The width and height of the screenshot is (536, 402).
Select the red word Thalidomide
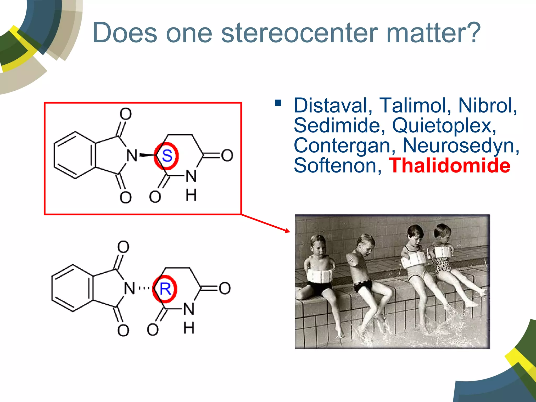449,166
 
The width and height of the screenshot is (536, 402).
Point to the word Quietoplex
444,126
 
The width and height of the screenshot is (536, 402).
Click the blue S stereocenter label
167,156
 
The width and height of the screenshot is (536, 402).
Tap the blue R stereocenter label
165,289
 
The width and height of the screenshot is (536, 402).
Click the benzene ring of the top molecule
75,155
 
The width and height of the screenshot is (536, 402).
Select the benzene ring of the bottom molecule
72,288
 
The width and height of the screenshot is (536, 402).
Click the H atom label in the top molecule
191,195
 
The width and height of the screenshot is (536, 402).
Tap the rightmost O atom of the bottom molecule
225,288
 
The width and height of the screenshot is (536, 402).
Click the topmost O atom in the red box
126,114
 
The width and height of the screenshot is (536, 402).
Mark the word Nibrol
487,105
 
